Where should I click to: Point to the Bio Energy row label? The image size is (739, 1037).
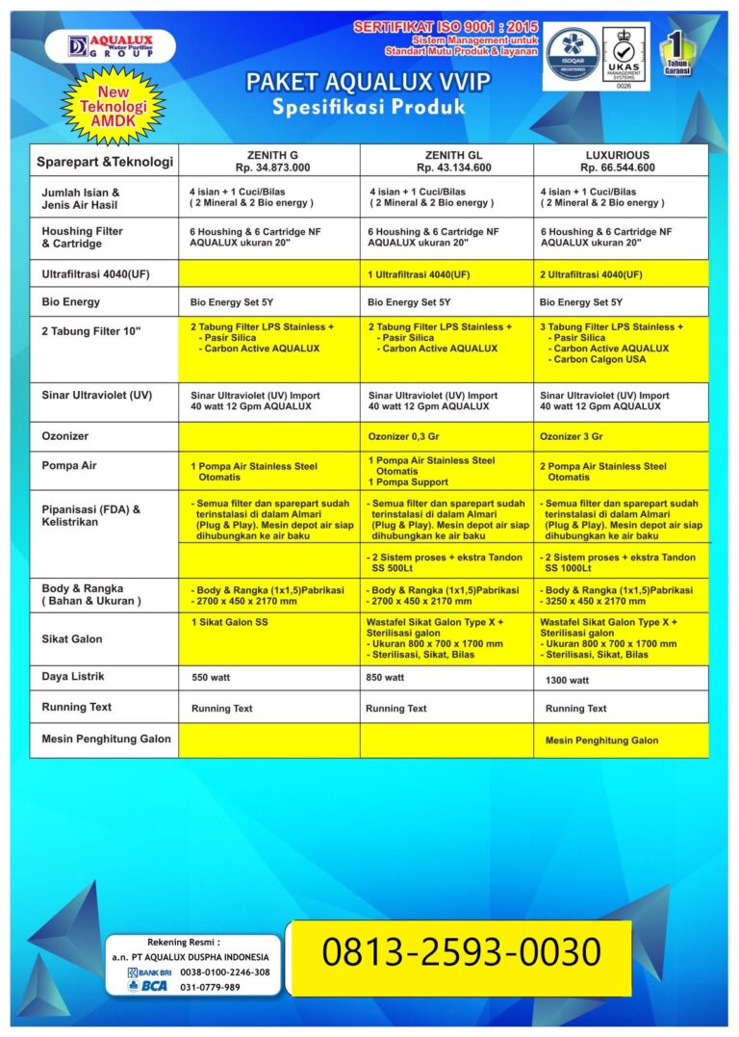pos(71,302)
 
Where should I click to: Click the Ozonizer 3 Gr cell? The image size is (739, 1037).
pos(572,436)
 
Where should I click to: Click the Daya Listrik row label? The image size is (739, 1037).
pos(74,677)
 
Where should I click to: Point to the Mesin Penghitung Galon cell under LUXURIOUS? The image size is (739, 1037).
pos(601,740)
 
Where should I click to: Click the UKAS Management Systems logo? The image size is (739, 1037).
pos(624,57)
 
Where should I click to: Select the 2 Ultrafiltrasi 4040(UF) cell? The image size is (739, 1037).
pos(591,274)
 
